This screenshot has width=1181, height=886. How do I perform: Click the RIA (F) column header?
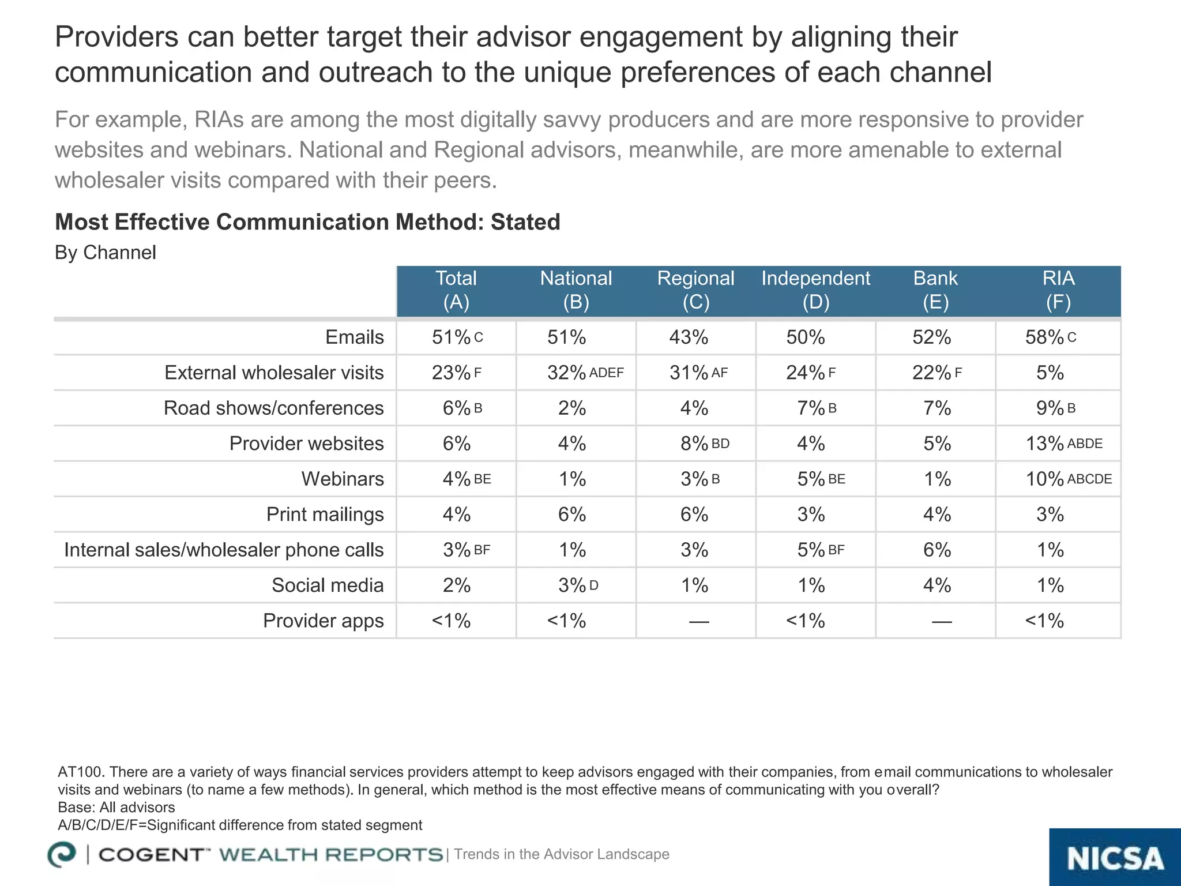pyautogui.click(x=1058, y=290)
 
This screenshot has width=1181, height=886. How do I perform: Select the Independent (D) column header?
pyautogui.click(x=815, y=290)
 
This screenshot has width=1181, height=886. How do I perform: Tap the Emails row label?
pyautogui.click(x=354, y=337)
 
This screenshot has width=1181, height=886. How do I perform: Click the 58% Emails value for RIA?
pyautogui.click(x=1044, y=337)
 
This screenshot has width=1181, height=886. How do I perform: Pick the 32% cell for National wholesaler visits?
pyautogui.click(x=567, y=373)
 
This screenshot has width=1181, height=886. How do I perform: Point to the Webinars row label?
pyautogui.click(x=342, y=479)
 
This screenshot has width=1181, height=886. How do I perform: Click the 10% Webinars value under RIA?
pyautogui.click(x=1044, y=479)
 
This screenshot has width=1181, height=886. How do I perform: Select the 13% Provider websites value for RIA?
pyautogui.click(x=1044, y=444)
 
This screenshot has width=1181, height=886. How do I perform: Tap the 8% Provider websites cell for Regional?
pyautogui.click(x=694, y=444)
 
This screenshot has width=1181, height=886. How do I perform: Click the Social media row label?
pyautogui.click(x=327, y=585)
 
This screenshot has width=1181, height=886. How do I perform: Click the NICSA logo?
pyautogui.click(x=1115, y=858)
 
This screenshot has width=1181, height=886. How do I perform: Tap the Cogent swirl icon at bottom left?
pyautogui.click(x=62, y=854)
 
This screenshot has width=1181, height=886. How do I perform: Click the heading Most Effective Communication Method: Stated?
pyautogui.click(x=307, y=222)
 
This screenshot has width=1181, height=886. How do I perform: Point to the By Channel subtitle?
pyautogui.click(x=105, y=253)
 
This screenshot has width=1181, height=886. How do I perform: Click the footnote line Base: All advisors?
pyautogui.click(x=116, y=807)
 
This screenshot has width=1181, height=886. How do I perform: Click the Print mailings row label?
pyautogui.click(x=325, y=515)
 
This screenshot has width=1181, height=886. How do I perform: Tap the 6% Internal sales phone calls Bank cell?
pyautogui.click(x=936, y=550)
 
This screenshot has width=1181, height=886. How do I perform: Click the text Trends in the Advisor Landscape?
pyautogui.click(x=561, y=854)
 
